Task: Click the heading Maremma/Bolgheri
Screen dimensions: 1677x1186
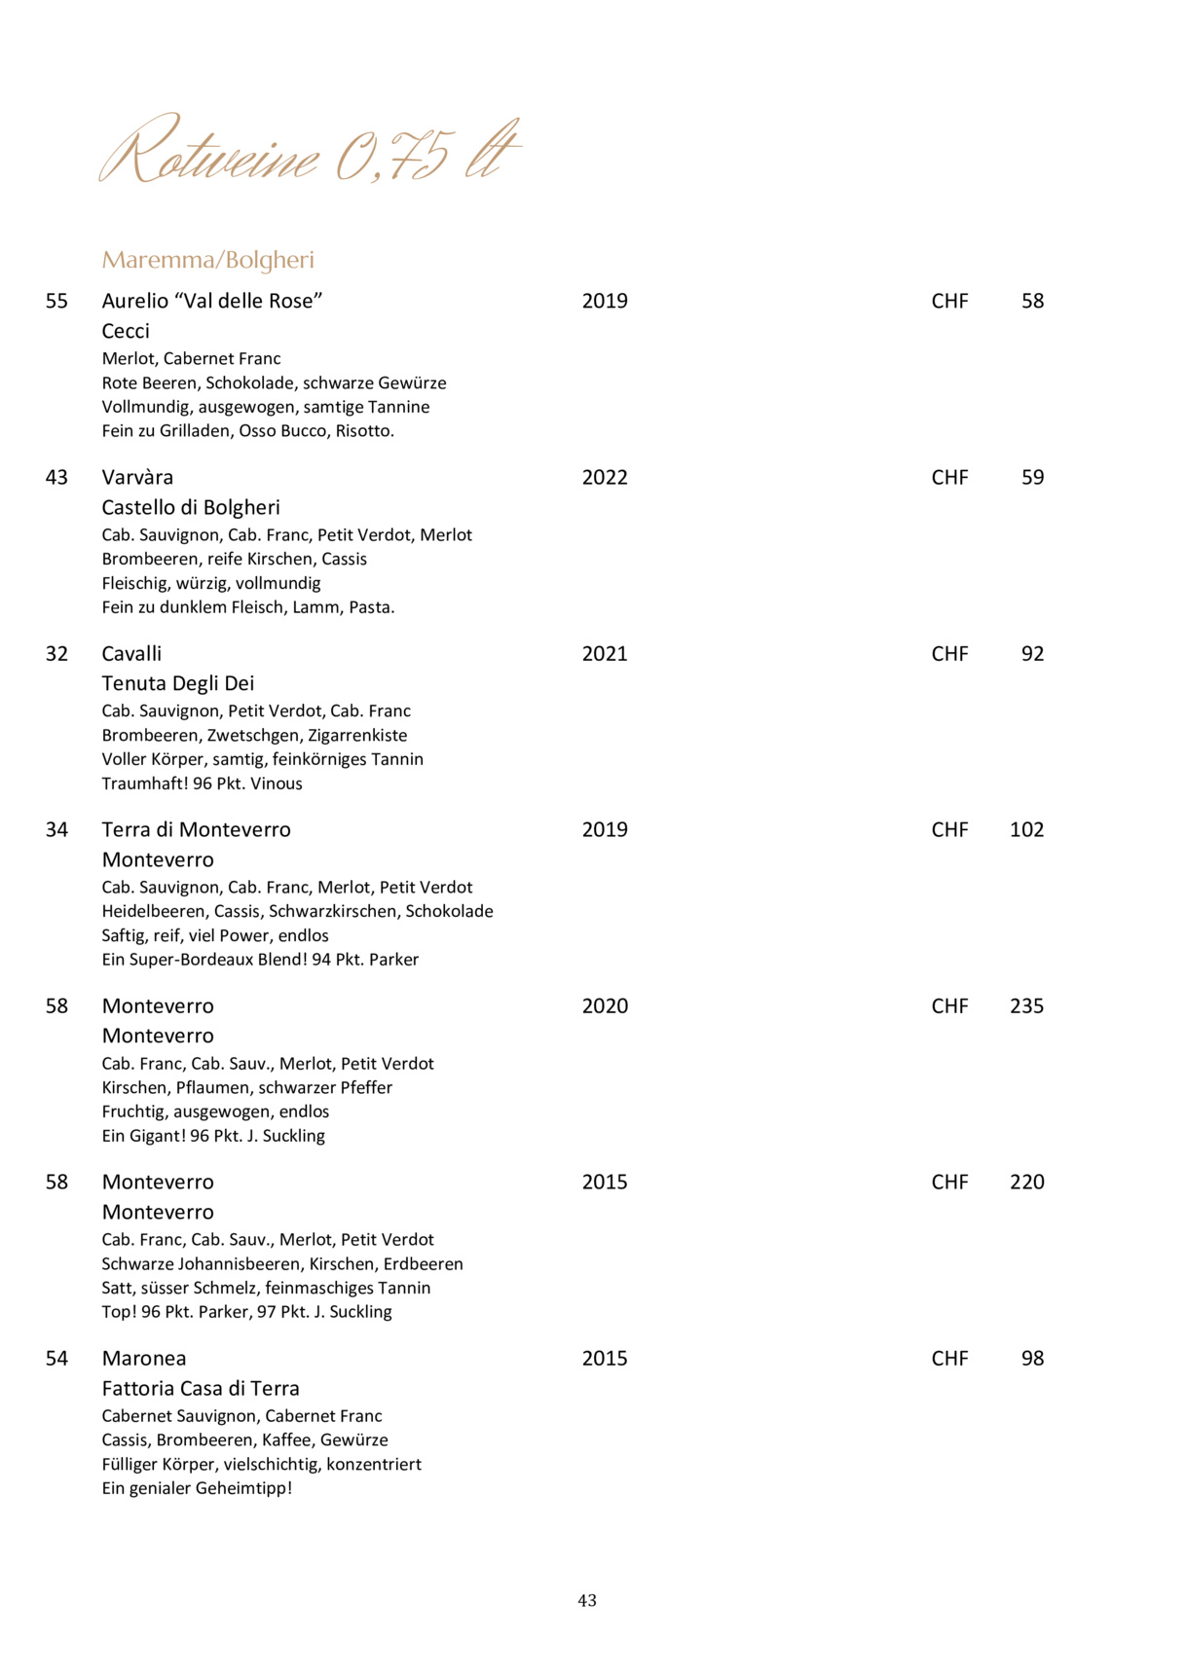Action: (207, 260)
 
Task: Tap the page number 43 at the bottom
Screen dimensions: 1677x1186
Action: (587, 1600)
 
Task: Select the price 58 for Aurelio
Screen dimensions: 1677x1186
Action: (1032, 301)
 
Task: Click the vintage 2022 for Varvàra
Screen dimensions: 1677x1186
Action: (605, 477)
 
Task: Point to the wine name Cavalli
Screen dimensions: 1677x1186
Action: (131, 653)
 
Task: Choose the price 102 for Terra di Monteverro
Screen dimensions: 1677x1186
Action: (1026, 829)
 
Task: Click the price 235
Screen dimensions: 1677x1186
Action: (1026, 1005)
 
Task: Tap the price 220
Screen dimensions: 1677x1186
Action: (1026, 1182)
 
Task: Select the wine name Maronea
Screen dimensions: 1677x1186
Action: (144, 1358)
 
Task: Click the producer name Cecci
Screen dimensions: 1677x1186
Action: (126, 331)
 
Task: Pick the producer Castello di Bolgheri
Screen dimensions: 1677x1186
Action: (191, 507)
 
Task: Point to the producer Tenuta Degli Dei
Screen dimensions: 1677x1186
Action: (178, 683)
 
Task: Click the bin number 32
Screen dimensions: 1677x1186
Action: (56, 653)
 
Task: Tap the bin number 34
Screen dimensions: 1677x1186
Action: (56, 829)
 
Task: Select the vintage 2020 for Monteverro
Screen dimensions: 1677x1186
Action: (605, 1005)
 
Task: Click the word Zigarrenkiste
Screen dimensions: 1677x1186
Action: (357, 735)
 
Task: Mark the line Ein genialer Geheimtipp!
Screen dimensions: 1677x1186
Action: (197, 1488)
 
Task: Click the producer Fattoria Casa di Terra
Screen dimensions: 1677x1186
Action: (201, 1388)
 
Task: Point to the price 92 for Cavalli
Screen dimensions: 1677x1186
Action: (1032, 653)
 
